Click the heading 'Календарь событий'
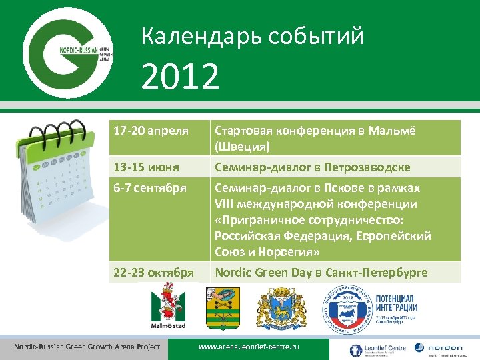coord(253,36)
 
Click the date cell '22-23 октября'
coord(154,272)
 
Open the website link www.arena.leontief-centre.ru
coord(249,348)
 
